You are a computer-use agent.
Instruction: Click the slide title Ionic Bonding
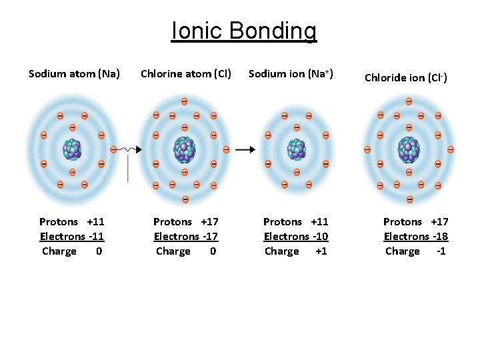coord(244,31)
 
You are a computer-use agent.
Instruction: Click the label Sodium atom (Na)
coord(74,73)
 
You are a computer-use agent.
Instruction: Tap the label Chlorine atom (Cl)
coord(186,73)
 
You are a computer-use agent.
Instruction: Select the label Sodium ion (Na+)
coord(291,73)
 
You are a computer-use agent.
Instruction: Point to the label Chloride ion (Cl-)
coord(406,77)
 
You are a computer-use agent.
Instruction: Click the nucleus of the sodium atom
coord(73,149)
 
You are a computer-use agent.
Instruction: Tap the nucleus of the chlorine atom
coord(184,149)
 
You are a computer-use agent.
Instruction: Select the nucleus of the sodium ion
coord(296,149)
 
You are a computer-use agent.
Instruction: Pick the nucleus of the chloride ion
coord(408,149)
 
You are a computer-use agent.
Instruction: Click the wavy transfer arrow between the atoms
coord(129,149)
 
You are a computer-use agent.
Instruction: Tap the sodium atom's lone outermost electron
coord(114,149)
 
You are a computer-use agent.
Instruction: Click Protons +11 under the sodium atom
coord(71,222)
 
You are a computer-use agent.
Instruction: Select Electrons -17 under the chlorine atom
coord(186,237)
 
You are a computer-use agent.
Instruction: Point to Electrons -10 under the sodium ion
coord(296,237)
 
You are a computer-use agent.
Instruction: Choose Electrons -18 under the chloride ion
coord(415,237)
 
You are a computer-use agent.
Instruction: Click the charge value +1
coord(321,251)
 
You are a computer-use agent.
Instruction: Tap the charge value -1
coord(441,251)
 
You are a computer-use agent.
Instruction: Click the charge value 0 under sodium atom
coord(99,251)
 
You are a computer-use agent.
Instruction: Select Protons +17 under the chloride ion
coord(415,222)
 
